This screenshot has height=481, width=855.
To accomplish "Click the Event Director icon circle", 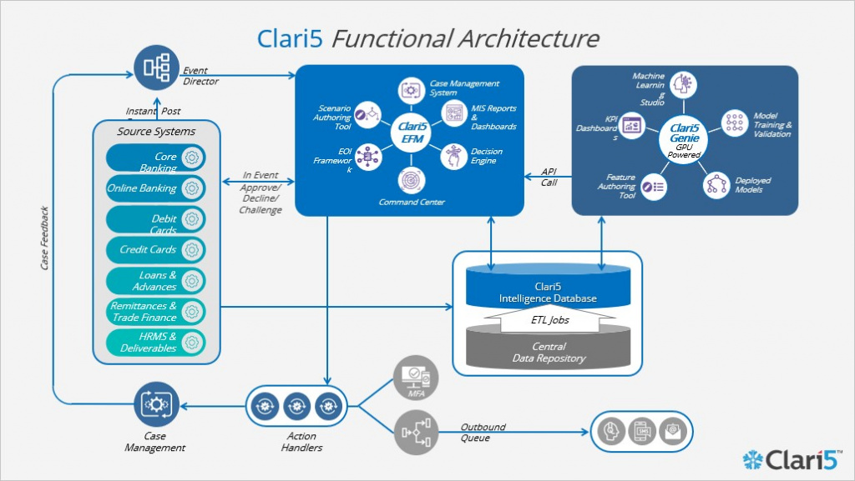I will tap(156, 68).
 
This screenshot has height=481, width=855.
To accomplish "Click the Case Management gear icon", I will tap(156, 405).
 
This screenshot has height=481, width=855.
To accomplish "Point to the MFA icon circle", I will tap(416, 376).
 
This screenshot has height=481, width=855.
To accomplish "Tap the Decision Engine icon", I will tap(453, 155).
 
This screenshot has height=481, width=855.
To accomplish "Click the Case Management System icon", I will tap(411, 89).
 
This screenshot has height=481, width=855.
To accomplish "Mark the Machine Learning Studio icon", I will tap(684, 85).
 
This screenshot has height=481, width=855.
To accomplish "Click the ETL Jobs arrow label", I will tap(549, 319).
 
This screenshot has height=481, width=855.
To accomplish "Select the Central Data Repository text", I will tap(548, 352).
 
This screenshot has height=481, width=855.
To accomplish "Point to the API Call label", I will tap(548, 176).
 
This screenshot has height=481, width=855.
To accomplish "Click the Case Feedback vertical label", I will tap(45, 238).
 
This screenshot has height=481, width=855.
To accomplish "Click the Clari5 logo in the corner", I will tap(793, 459).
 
